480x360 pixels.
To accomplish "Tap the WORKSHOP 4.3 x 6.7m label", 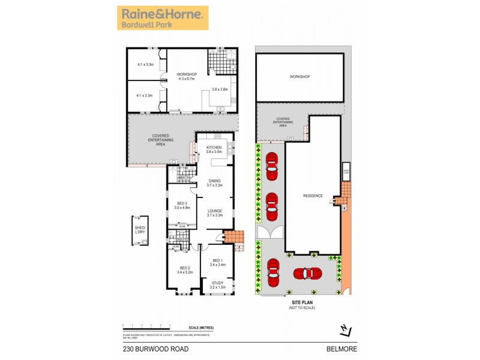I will point(187,77).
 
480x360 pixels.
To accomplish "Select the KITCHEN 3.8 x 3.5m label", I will point(214,149).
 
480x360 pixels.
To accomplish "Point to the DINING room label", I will point(215,183).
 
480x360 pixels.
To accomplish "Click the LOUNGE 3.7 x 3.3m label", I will point(215,212).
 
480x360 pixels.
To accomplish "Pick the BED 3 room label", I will point(181,205).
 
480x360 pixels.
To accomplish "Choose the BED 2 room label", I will point(185,269).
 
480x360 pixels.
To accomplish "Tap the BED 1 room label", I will point(217,262).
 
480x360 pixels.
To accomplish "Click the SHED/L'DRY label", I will point(141,229).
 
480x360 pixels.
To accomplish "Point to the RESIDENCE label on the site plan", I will point(313,196).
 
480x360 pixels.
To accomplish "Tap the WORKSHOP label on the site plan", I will point(299,77).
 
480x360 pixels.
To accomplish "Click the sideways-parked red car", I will point(307,273).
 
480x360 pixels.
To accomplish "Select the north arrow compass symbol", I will point(344,328).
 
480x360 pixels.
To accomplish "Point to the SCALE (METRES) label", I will point(200,327).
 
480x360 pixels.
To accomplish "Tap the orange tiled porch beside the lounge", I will point(234,237).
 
